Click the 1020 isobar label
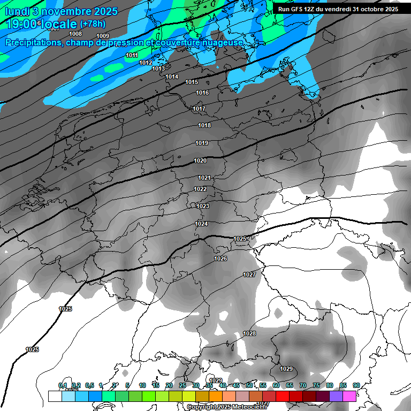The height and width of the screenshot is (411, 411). (200, 161)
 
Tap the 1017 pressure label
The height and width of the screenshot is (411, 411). (199, 109)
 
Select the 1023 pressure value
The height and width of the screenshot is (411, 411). (203, 206)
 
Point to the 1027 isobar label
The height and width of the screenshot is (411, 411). (249, 275)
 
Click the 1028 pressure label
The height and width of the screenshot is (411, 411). (249, 333)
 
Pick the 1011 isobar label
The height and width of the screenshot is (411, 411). (132, 55)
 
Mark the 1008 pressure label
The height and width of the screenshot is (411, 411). (76, 34)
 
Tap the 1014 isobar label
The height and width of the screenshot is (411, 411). (172, 77)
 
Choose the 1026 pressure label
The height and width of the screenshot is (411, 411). (220, 258)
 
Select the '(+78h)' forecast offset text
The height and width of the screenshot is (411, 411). (93, 24)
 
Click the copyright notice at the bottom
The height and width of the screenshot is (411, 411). (227, 407)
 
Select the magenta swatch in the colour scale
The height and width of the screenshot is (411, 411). (349, 396)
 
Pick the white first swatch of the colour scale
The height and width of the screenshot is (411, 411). (55, 396)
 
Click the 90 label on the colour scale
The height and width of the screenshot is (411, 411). (356, 385)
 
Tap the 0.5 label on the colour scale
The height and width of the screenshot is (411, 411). (89, 385)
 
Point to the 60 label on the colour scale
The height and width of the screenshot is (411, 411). (276, 385)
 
